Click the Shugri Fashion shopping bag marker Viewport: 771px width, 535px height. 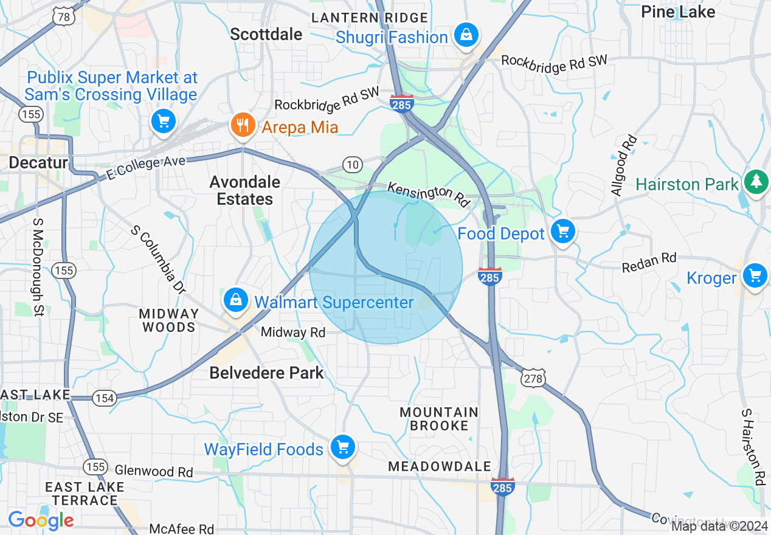[466, 35]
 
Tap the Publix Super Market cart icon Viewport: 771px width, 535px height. [163, 120]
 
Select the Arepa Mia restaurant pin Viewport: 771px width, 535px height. [243, 125]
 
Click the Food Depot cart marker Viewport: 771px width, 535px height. [563, 231]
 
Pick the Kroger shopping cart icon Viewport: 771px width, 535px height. [755, 275]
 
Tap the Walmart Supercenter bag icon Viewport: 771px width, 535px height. [235, 300]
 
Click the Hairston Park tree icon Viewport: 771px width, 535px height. [756, 181]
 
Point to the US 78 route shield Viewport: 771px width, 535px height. [64, 16]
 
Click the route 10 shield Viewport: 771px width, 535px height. [352, 164]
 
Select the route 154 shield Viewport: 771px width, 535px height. [104, 398]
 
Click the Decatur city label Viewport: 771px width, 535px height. [38, 162]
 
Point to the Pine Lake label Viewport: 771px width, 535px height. [678, 12]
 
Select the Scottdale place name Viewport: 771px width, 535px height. [266, 35]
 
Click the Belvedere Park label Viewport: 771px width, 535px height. [266, 373]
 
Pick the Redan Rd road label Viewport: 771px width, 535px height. [649, 263]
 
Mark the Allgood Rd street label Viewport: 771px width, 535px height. [624, 166]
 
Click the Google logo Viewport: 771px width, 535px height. [41, 520]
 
